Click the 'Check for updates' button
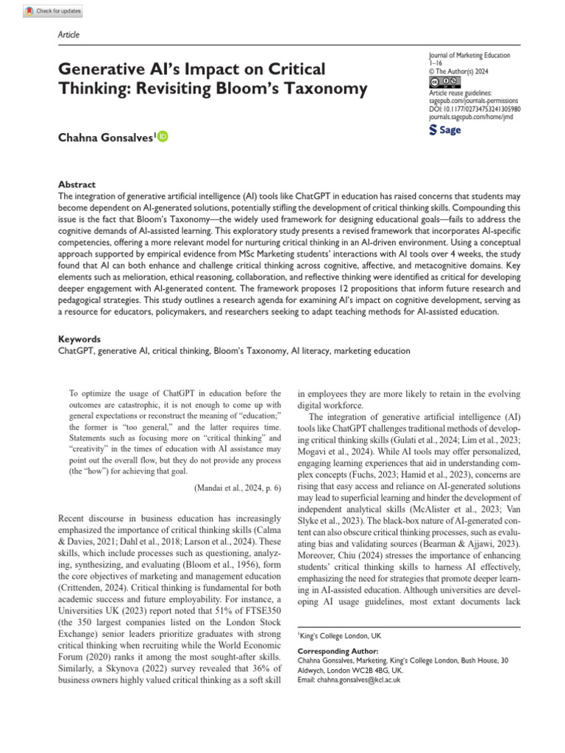[x=53, y=12]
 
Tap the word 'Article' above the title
[x=68, y=35]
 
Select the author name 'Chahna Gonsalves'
[x=105, y=136]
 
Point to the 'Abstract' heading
[x=77, y=185]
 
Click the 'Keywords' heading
[x=79, y=339]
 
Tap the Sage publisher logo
[x=445, y=130]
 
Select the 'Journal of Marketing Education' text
[x=469, y=56]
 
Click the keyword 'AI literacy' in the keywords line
[x=310, y=351]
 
